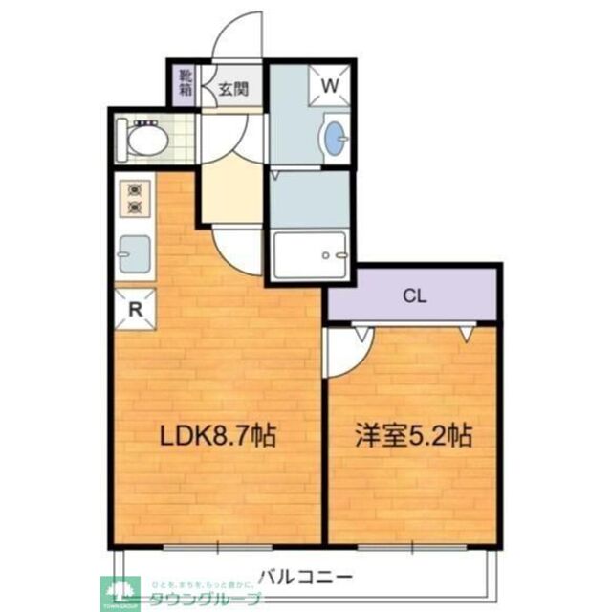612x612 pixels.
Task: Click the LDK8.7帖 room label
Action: [x=217, y=437]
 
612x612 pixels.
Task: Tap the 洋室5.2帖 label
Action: [x=414, y=437]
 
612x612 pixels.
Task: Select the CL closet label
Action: [x=413, y=295]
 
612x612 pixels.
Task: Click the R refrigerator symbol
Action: [x=136, y=308]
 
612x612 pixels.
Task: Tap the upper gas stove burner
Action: [x=134, y=188]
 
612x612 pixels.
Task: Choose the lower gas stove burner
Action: [x=134, y=206]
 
